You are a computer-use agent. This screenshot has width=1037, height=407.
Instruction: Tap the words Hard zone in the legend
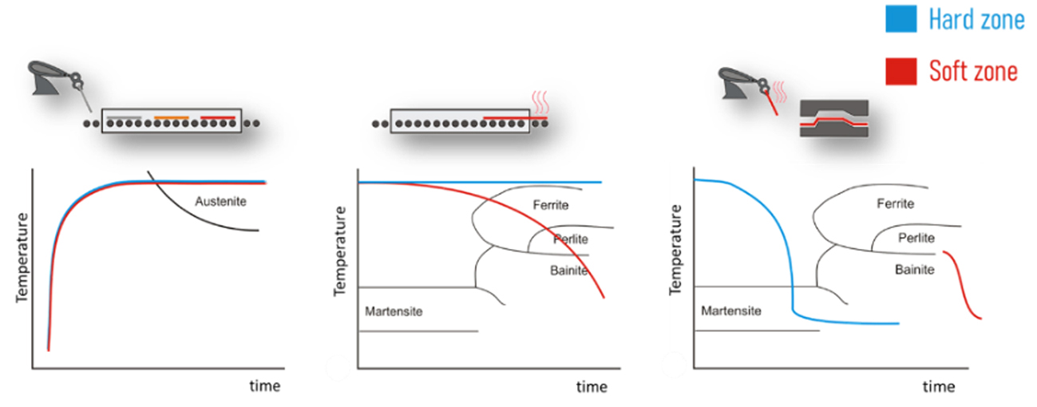[x=976, y=19]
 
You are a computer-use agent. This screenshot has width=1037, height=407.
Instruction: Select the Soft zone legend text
[x=973, y=71]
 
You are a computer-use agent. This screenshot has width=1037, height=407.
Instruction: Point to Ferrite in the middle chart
[x=551, y=205]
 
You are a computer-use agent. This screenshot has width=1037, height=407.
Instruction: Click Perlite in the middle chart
[x=570, y=239]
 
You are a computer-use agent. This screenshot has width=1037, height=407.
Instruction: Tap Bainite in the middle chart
[x=569, y=271]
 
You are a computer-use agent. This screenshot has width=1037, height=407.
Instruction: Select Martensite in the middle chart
[x=393, y=311]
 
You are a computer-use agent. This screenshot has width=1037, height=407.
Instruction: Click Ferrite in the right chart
[x=895, y=204]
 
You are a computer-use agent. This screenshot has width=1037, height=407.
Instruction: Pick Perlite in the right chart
[x=916, y=238]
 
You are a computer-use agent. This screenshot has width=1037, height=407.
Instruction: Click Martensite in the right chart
[x=730, y=310]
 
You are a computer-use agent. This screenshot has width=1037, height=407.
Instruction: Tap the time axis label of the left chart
[x=265, y=386]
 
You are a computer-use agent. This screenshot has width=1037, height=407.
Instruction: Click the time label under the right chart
[x=939, y=387]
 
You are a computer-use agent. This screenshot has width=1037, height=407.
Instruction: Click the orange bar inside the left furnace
[x=172, y=117]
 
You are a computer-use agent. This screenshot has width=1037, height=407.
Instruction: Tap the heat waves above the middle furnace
[x=540, y=102]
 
